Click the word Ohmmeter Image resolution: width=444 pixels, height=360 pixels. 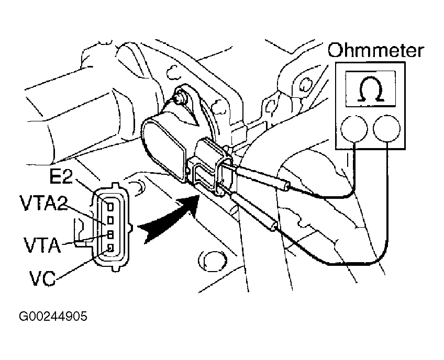[375, 51]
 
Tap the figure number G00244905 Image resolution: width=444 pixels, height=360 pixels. [52, 317]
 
